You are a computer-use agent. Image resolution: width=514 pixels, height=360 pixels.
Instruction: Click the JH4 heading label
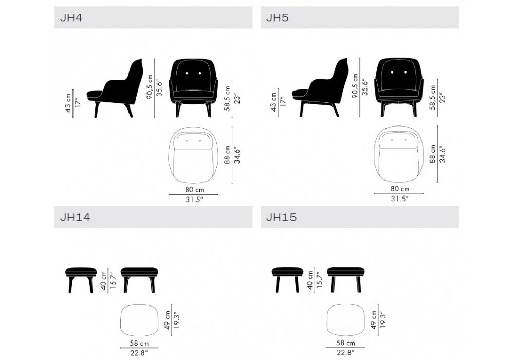click(x=71, y=17)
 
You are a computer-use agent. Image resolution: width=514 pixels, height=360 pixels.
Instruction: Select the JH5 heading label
click(x=278, y=17)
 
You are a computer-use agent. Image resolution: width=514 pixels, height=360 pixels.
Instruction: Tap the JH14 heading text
click(x=75, y=217)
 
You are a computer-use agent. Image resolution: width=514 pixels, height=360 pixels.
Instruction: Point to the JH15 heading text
click(x=281, y=217)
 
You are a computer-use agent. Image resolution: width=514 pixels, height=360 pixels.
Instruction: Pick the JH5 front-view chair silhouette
click(x=399, y=87)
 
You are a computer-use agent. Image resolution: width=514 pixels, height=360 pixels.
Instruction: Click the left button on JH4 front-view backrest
click(x=187, y=73)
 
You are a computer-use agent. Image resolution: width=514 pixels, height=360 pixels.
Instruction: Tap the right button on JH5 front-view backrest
click(x=406, y=72)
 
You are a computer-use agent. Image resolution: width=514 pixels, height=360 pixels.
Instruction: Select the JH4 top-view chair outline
click(x=193, y=155)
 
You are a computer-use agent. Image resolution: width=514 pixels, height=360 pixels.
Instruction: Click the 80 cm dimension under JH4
click(x=194, y=190)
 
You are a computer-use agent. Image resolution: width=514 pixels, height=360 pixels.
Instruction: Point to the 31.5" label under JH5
click(x=399, y=199)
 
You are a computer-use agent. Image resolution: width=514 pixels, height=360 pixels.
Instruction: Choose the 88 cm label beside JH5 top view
click(x=433, y=154)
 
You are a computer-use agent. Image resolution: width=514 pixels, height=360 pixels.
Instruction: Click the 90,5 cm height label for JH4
click(x=150, y=87)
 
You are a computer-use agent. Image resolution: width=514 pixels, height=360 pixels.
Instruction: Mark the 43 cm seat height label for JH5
click(x=274, y=102)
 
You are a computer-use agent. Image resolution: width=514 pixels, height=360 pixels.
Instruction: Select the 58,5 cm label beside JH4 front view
click(x=228, y=99)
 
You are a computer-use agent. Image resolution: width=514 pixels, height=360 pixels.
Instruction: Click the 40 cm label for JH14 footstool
click(x=104, y=280)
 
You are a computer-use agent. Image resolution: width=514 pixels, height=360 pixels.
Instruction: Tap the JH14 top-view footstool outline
click(x=140, y=320)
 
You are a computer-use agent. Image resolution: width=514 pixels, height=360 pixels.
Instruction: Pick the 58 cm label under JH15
click(x=345, y=343)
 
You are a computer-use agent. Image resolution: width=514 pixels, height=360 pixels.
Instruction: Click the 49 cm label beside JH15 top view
click(x=374, y=320)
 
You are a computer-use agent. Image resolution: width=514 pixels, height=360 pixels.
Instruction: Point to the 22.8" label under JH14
click(x=139, y=353)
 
